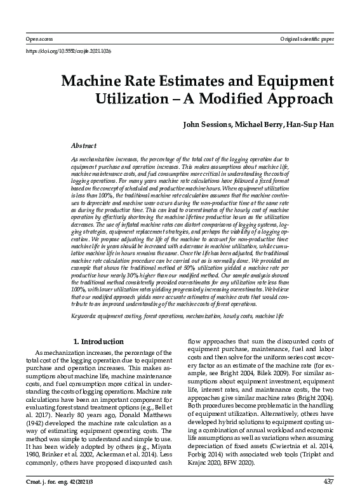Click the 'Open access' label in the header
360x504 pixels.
[30, 39]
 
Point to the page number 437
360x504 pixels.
[328, 482]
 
